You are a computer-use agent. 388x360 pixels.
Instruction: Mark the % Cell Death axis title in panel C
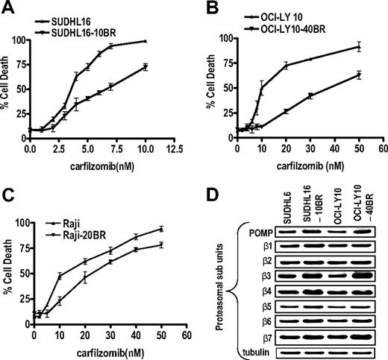coord(7,265)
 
